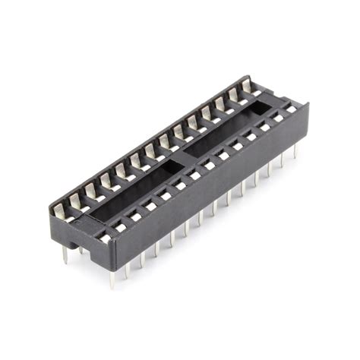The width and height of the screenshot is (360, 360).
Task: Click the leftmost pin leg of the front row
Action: click(x=112, y=278)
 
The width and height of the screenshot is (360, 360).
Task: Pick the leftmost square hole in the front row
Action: click(x=106, y=238)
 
